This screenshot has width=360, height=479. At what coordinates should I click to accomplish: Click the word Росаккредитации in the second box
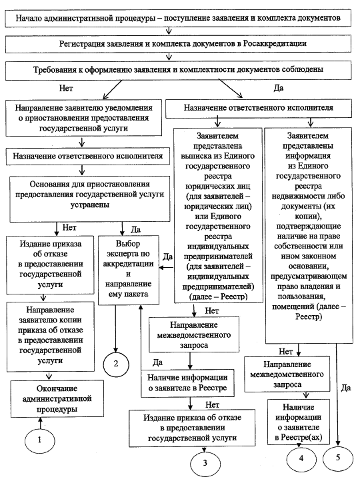click(x=275, y=44)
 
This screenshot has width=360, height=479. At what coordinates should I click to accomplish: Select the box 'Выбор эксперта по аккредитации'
click(x=129, y=270)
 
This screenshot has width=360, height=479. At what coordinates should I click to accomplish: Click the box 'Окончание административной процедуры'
click(x=57, y=398)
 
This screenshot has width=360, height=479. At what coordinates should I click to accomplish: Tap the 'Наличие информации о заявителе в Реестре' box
click(x=187, y=383)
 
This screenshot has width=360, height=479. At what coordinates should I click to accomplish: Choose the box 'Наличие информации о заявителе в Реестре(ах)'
click(x=299, y=422)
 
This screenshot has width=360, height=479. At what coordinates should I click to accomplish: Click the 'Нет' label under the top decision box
click(x=66, y=89)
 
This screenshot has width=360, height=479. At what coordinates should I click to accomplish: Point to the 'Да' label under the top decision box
click(x=279, y=88)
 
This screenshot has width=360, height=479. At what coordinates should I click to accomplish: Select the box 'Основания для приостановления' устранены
click(x=90, y=199)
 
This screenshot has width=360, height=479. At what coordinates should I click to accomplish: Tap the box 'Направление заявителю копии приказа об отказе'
click(x=51, y=336)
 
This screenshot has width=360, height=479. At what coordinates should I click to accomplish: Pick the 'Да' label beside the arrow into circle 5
click(x=345, y=388)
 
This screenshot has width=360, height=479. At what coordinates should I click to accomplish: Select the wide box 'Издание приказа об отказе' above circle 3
click(x=192, y=428)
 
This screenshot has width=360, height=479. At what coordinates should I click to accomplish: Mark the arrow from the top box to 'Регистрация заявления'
click(x=169, y=31)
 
